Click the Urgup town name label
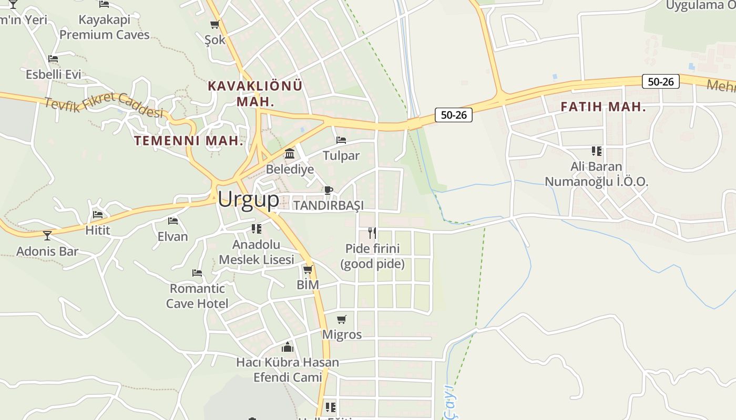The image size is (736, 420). point(248,200)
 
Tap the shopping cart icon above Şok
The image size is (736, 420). point(214,24)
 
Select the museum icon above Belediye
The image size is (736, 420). point(289,154)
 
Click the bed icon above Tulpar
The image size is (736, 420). point(341,140)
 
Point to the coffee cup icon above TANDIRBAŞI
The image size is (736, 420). point(329,190)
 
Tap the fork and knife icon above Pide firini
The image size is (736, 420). point(372,233)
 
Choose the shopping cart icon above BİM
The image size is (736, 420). point(308,270)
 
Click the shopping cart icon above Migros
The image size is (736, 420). point(342,319)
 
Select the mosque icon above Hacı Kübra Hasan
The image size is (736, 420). point(287,347)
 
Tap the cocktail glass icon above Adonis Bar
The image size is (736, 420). point(47,236)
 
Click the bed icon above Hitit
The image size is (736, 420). point(98,215)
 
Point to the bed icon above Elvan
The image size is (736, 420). point(173,221)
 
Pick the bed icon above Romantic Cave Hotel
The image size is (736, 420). point(197,273)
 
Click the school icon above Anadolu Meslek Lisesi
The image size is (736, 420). point(257,228)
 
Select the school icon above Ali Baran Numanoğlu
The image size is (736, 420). point(596,151)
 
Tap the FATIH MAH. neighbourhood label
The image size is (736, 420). point(603,107)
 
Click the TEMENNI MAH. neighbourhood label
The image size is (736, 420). point(189,141)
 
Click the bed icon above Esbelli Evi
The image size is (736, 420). point(53,59)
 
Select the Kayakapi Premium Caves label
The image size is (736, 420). point(104,27)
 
